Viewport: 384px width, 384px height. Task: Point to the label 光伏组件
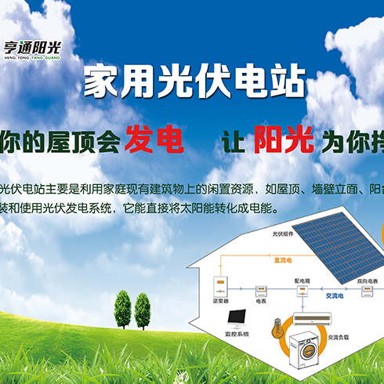283,234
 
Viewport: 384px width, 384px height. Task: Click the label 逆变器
220,301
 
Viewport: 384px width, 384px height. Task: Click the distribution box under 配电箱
301,291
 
